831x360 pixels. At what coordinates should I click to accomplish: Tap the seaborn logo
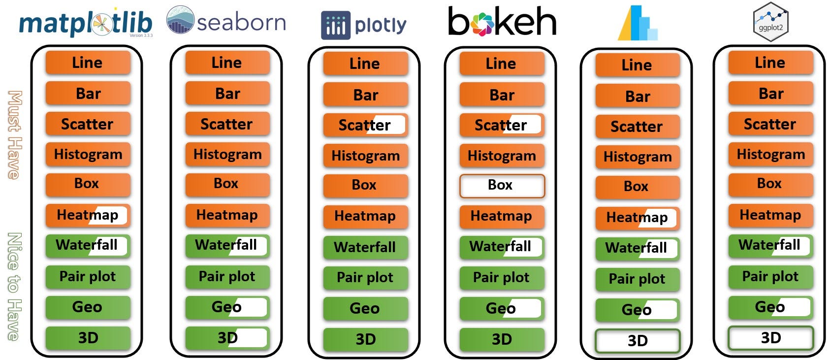(x=226, y=21)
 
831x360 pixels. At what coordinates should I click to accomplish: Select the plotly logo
(x=364, y=25)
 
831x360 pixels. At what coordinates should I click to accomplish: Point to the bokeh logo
(x=502, y=22)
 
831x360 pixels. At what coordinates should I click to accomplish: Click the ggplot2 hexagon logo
(x=771, y=21)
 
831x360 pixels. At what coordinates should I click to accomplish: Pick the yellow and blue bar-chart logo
(x=638, y=23)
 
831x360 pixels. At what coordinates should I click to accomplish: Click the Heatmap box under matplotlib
(x=88, y=215)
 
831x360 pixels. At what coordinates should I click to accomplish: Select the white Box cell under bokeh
(x=502, y=186)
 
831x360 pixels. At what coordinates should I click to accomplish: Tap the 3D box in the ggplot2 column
(x=770, y=338)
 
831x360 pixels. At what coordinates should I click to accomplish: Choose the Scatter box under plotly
(x=365, y=125)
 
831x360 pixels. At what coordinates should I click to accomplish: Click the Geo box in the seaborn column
(x=227, y=307)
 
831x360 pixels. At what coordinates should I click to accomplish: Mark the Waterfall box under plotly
(x=365, y=247)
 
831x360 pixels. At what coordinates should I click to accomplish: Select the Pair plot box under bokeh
(x=502, y=278)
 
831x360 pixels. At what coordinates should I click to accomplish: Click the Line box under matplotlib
(x=88, y=63)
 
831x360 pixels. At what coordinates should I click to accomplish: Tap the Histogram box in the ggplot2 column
(x=770, y=155)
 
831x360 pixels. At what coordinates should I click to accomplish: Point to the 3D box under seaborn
(x=227, y=338)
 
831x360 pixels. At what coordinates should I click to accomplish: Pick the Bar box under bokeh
(x=502, y=95)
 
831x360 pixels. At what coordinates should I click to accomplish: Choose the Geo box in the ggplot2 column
(x=770, y=307)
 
